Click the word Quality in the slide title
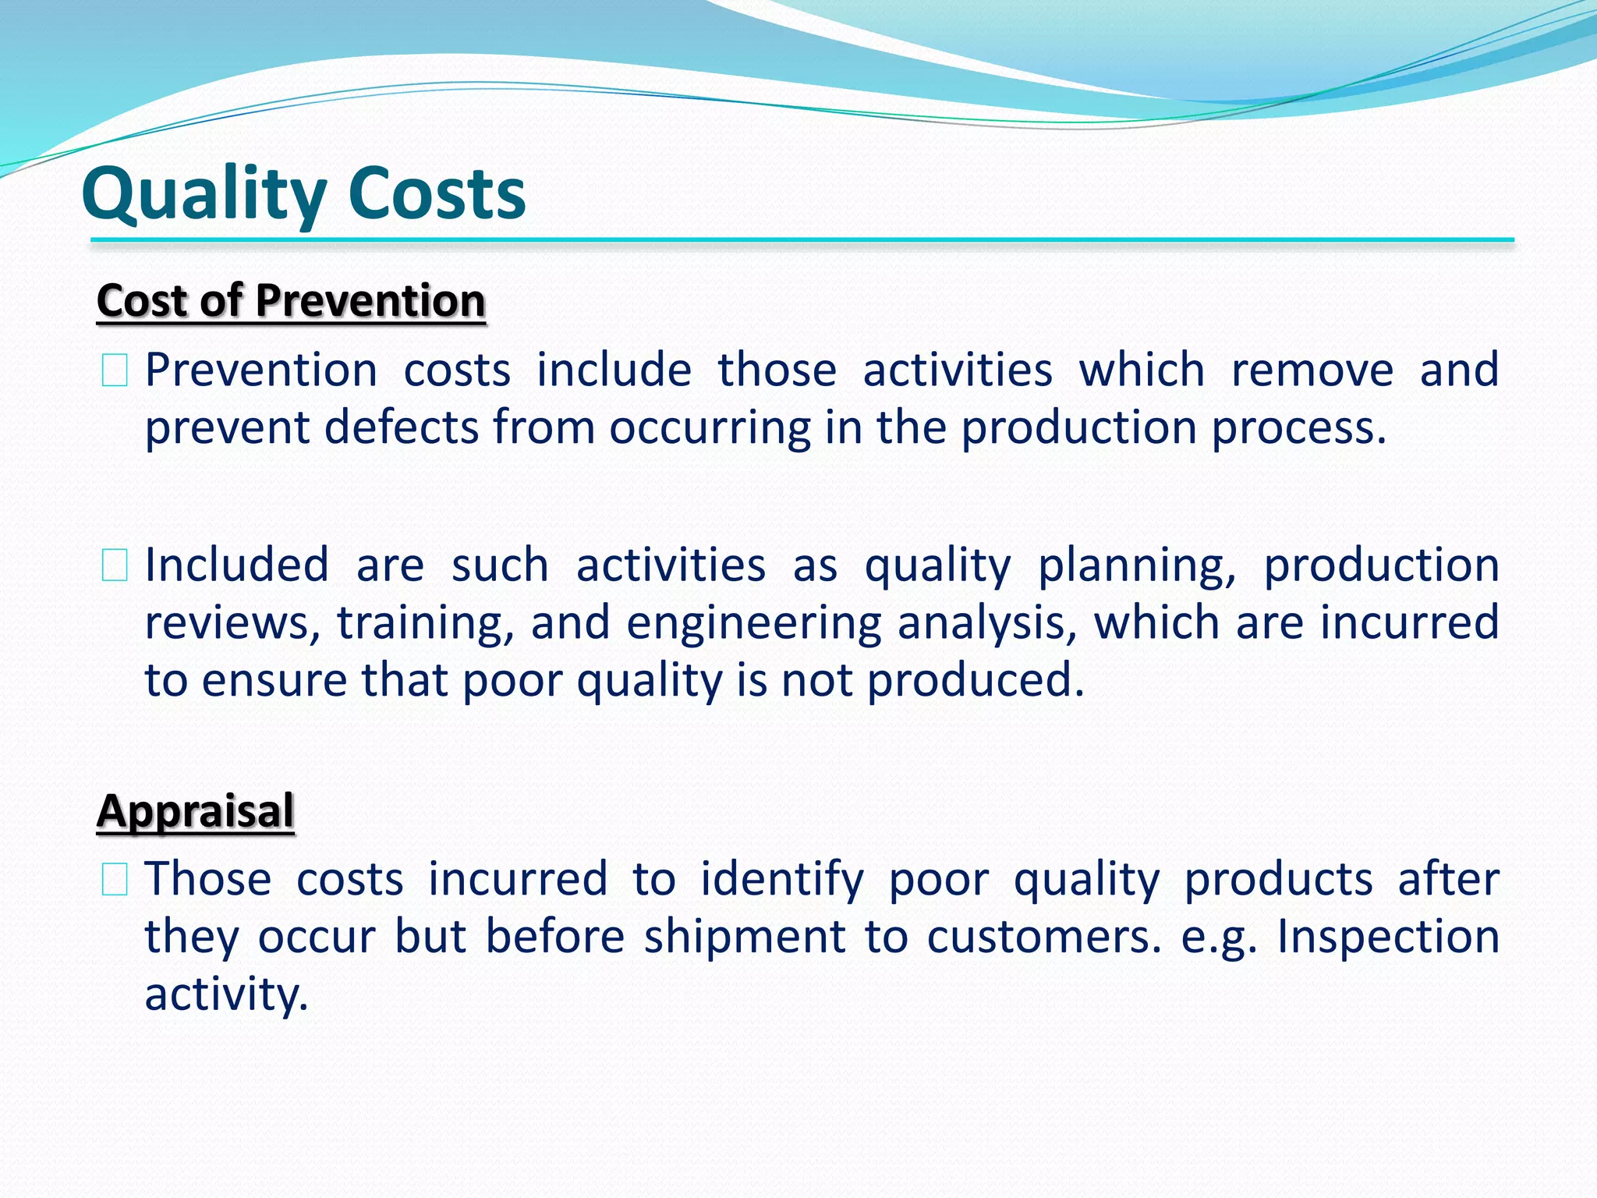pyautogui.click(x=204, y=195)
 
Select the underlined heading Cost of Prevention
pyautogui.click(x=291, y=301)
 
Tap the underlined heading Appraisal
pyautogui.click(x=196, y=810)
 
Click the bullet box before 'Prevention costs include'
pyautogui.click(x=115, y=370)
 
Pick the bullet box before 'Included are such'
pyautogui.click(x=115, y=565)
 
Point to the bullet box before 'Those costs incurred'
pyautogui.click(x=115, y=880)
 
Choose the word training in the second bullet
pyautogui.click(x=425, y=623)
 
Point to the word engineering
pyautogui.click(x=753, y=624)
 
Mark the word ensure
pyautogui.click(x=273, y=680)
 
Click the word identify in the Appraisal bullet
pyautogui.click(x=781, y=880)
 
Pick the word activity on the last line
pyautogui.click(x=226, y=994)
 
